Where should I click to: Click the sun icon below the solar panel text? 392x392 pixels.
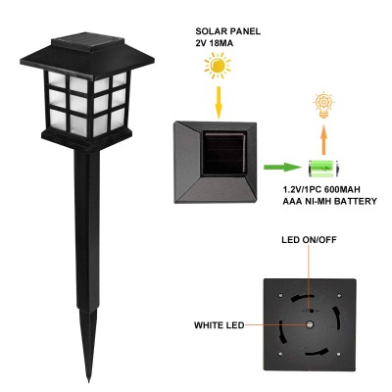(218, 67)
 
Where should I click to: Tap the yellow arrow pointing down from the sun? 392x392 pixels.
(219, 102)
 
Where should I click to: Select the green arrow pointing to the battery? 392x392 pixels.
(282, 167)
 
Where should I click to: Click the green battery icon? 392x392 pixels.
(323, 169)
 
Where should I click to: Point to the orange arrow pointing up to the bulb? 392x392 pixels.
(323, 140)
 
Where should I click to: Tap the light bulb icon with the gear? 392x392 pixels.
(323, 105)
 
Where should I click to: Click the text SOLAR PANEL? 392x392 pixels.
(228, 31)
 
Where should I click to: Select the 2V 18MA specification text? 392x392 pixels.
(215, 43)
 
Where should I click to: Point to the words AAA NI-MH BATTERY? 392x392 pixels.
(329, 201)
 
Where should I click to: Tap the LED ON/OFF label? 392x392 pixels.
(309, 240)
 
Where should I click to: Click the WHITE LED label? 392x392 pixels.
(219, 325)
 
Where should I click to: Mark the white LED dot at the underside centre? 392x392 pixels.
(309, 324)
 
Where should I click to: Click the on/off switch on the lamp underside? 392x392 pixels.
(311, 311)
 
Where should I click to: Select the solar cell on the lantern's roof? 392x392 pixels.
(88, 40)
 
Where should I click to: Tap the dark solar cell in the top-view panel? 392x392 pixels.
(224, 153)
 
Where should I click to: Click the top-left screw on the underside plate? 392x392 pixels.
(281, 296)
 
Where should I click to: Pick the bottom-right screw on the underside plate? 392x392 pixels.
(339, 354)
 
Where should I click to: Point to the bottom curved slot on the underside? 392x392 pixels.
(317, 354)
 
